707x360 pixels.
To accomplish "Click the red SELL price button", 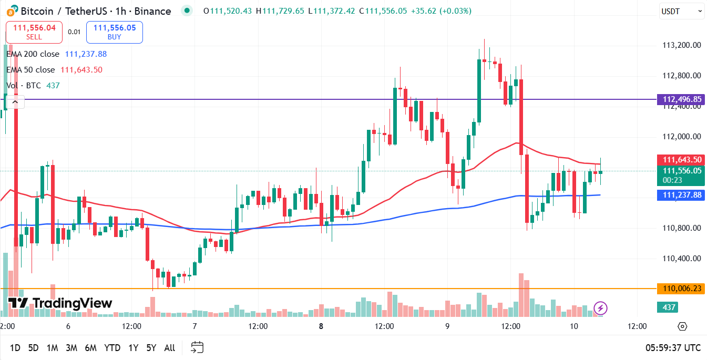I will pos(34,32).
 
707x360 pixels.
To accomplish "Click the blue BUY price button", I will pos(115,32).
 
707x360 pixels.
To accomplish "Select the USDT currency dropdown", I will pos(681,11).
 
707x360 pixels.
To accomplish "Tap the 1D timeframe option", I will pos(15,347).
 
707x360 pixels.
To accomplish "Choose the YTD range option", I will pos(112,347).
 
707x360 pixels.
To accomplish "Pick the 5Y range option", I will pos(151,347).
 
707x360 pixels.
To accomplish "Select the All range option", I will pos(170,347).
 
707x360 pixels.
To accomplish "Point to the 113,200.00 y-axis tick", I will pos(682,45).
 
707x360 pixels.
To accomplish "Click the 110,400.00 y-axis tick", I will pos(682,259).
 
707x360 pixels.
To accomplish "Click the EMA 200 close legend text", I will pos(34,54).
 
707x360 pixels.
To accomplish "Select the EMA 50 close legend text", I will pos(31,69).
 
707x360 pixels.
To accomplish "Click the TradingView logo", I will pos(60,303).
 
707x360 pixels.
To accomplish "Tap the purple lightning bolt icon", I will pos(600,307).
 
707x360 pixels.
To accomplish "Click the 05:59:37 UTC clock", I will pos(673,347).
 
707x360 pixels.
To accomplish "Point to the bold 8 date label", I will pos(321,326).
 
